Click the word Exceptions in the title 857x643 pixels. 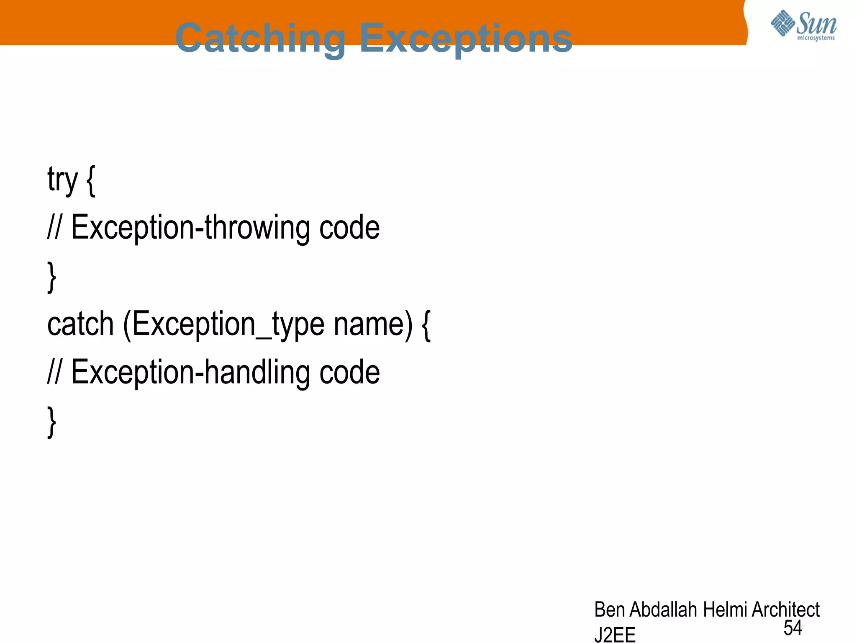(466, 39)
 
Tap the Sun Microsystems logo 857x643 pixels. (803, 26)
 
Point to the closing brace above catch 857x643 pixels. (51, 277)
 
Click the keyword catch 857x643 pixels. (80, 324)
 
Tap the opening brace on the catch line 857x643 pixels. (426, 325)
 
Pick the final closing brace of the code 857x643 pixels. (51, 422)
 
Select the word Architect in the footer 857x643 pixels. (785, 610)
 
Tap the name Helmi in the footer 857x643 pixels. (724, 610)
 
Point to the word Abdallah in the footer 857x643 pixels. (663, 610)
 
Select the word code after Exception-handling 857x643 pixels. (349, 373)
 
